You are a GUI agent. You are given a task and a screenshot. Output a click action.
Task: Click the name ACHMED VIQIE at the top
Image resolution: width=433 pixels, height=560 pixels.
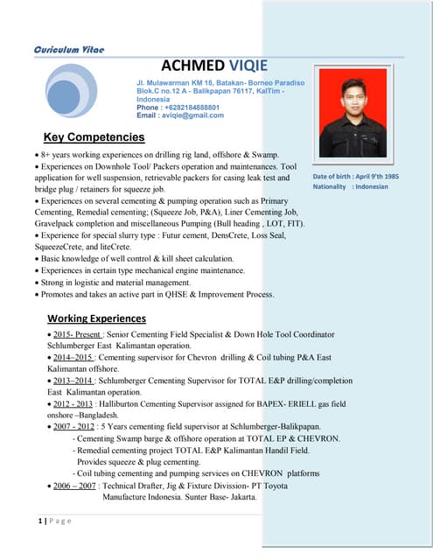tap(214, 67)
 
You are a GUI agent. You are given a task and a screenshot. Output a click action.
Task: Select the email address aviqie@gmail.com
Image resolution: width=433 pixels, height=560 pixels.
tap(174, 115)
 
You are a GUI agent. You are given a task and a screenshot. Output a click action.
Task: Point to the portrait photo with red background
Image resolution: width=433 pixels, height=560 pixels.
tap(353, 113)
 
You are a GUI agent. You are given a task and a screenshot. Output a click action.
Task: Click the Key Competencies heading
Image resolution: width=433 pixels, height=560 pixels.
tap(94, 137)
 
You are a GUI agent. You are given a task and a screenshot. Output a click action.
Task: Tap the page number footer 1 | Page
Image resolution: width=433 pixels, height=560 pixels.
tap(54, 521)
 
